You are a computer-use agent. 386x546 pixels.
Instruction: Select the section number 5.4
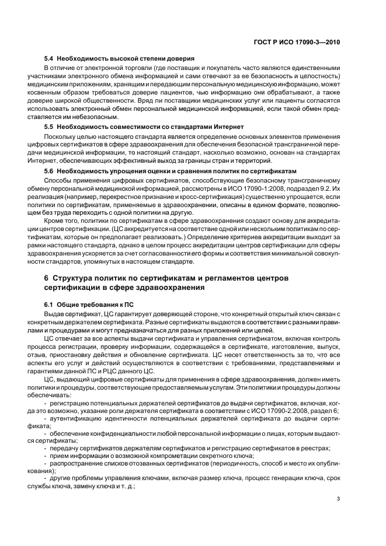(x=50, y=59)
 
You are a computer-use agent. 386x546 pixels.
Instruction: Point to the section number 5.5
(x=50, y=127)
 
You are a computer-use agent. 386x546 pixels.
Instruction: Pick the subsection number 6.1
(x=50, y=305)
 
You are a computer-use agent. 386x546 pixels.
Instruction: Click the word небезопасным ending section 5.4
(x=80, y=117)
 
